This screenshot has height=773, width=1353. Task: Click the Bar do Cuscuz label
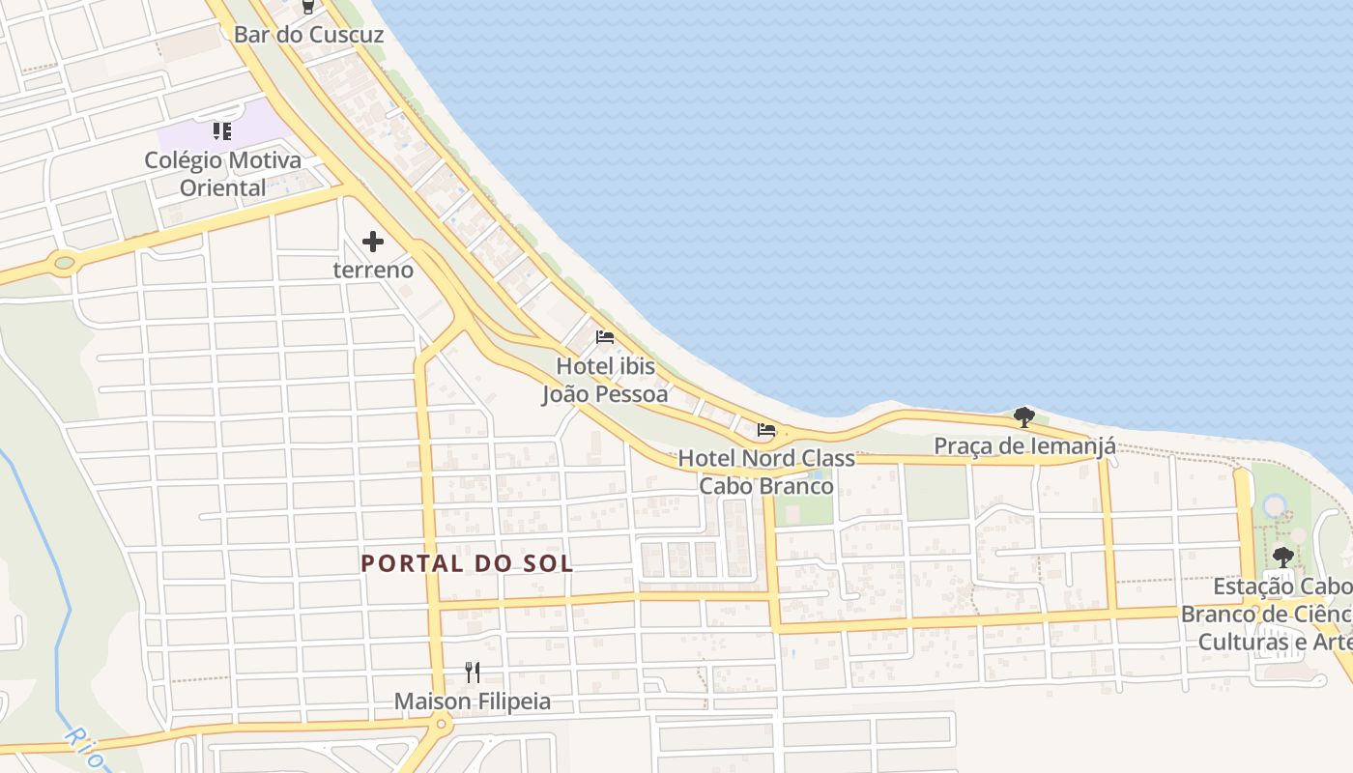pos(308,35)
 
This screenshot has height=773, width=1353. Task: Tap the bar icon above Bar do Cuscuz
pos(308,7)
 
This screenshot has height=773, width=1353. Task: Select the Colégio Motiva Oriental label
pos(222,174)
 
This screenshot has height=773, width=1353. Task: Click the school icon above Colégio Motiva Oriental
pos(222,130)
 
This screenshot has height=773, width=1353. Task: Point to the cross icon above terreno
pos(373,242)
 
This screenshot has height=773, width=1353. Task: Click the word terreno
pos(373,270)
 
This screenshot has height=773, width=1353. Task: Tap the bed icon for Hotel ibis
pos(605,337)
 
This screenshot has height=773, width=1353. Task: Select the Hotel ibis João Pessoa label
pos(605,380)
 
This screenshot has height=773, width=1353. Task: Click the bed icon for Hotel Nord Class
pos(766,430)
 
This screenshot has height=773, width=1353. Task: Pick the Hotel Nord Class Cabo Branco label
pos(766,472)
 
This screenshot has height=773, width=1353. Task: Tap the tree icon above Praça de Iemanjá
pos(1024,417)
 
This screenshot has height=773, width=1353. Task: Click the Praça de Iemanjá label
pos(1024,446)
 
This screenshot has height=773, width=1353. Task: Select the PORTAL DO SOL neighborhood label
pos(467,563)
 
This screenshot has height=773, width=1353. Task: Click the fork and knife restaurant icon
pos(473,672)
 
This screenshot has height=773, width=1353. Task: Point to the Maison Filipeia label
pos(473,701)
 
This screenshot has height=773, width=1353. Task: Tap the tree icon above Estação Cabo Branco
pos(1282,557)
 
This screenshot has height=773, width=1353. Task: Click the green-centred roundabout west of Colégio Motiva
pos(65,262)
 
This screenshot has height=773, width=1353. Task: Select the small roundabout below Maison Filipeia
pos(441,723)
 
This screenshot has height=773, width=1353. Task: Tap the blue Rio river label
pos(83,746)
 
